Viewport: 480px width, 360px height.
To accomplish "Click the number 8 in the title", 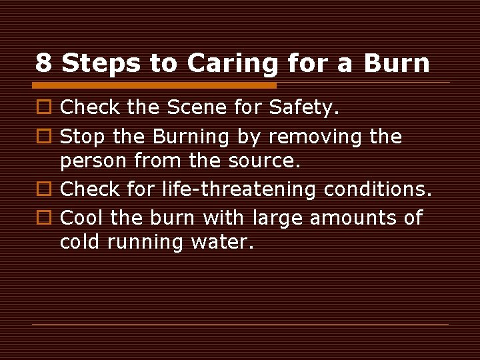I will coord(43,63).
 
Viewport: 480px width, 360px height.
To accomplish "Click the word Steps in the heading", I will coord(101,63).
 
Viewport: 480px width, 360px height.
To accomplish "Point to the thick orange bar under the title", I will coord(154,85).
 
